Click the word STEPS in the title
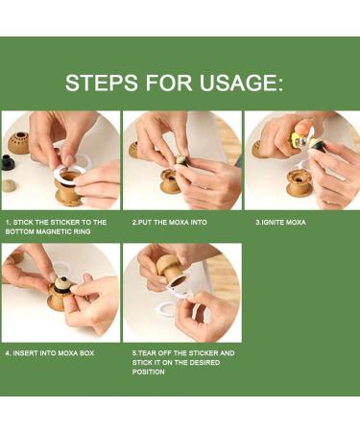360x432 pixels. click(x=95, y=83)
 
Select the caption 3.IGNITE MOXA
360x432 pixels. click(x=280, y=222)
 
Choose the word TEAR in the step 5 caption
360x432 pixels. click(x=152, y=353)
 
